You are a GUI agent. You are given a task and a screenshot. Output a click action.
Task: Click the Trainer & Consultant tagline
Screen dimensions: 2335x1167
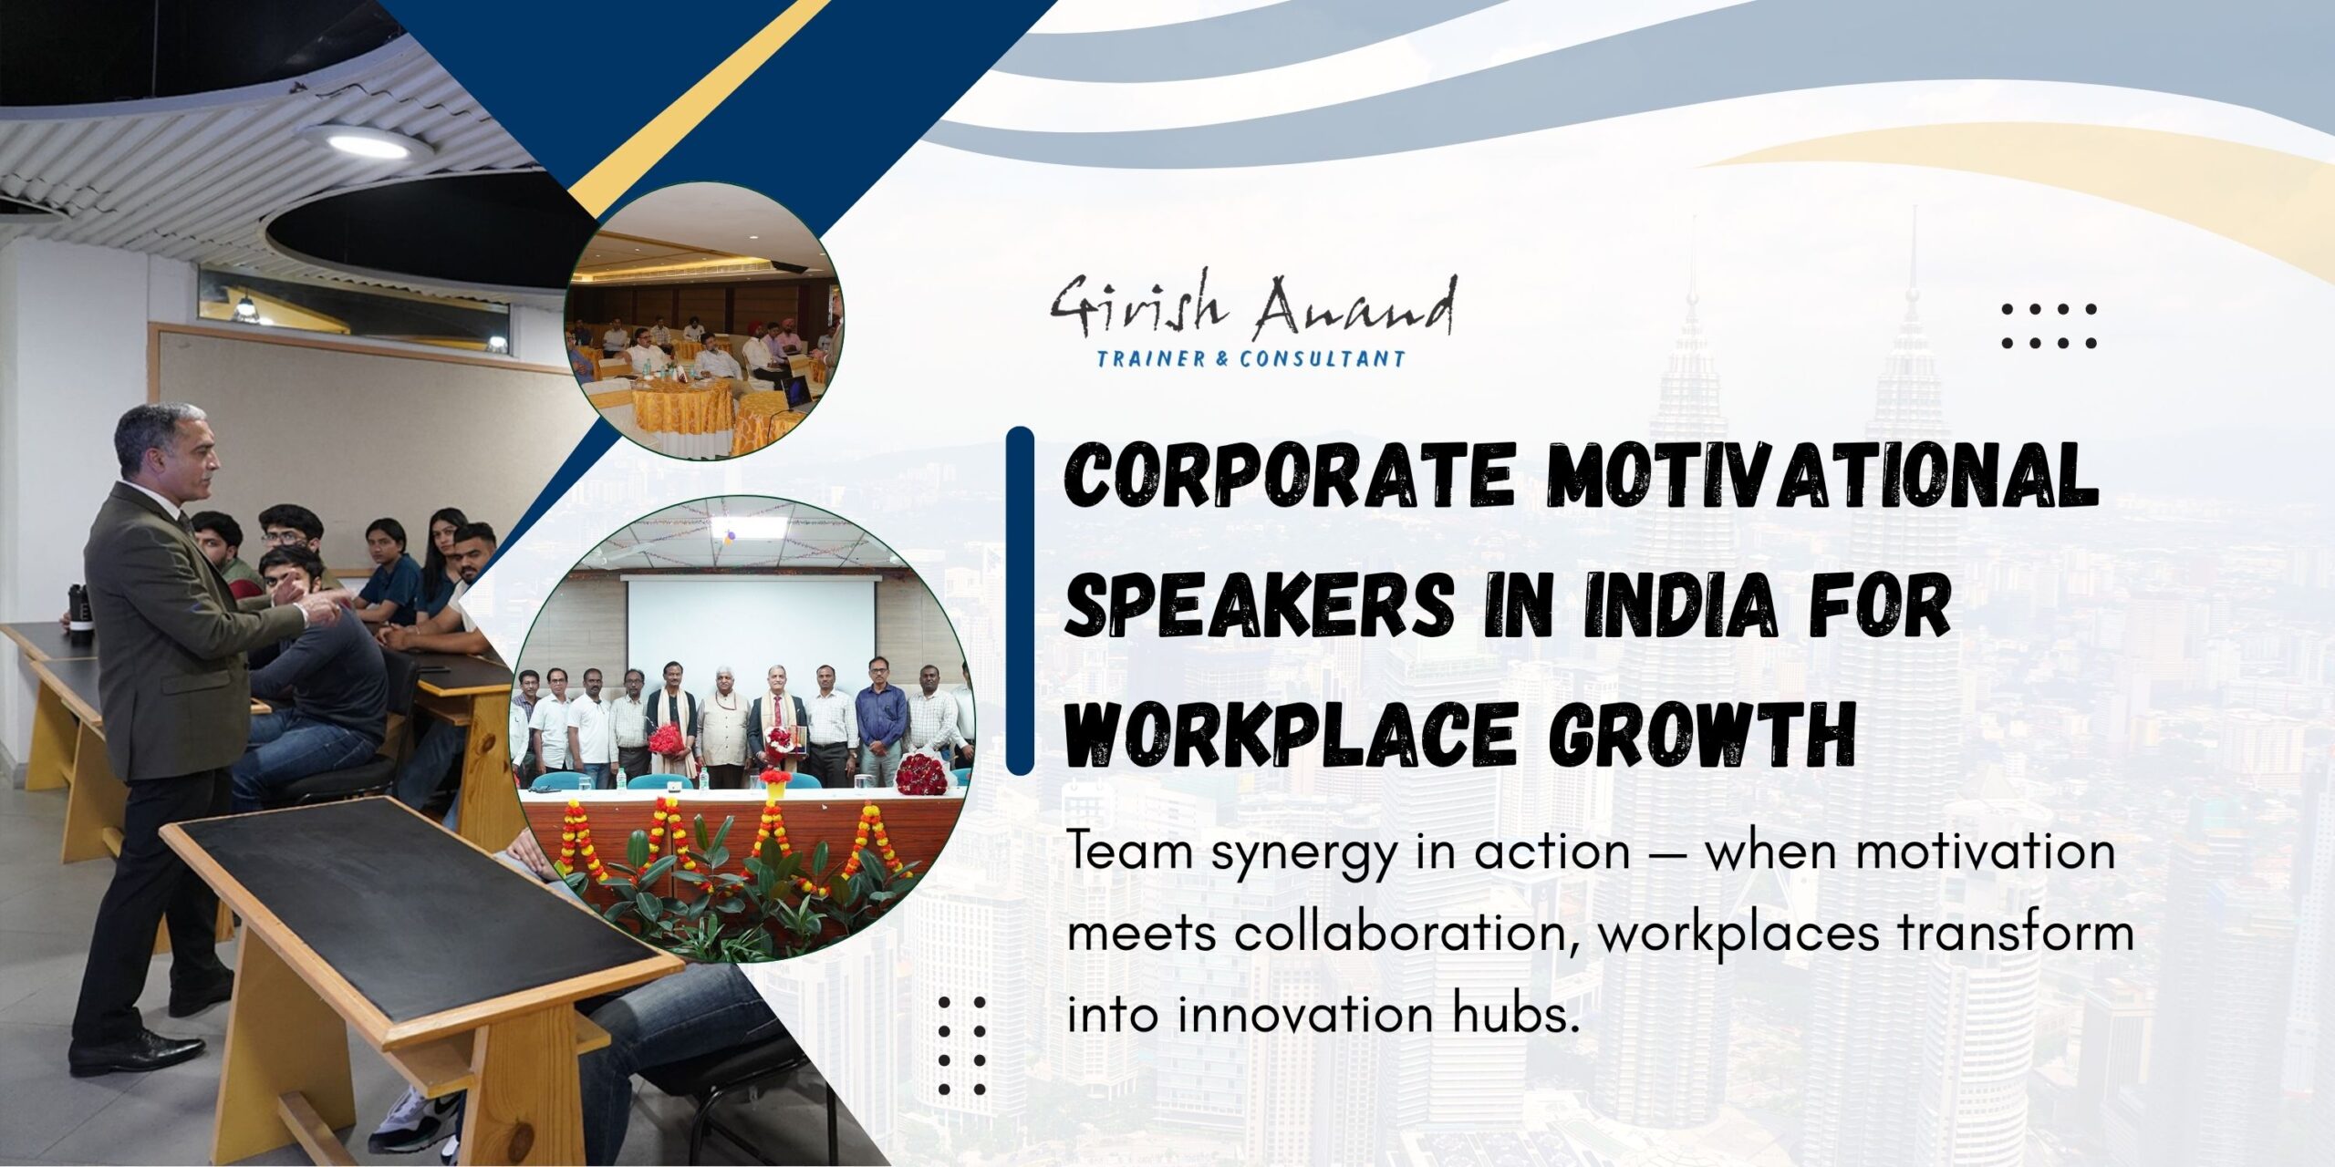pos(1251,359)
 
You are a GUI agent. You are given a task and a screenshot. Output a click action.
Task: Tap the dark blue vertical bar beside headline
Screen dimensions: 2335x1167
pos(1020,601)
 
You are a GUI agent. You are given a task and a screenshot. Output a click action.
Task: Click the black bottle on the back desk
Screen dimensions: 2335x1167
pos(81,614)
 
